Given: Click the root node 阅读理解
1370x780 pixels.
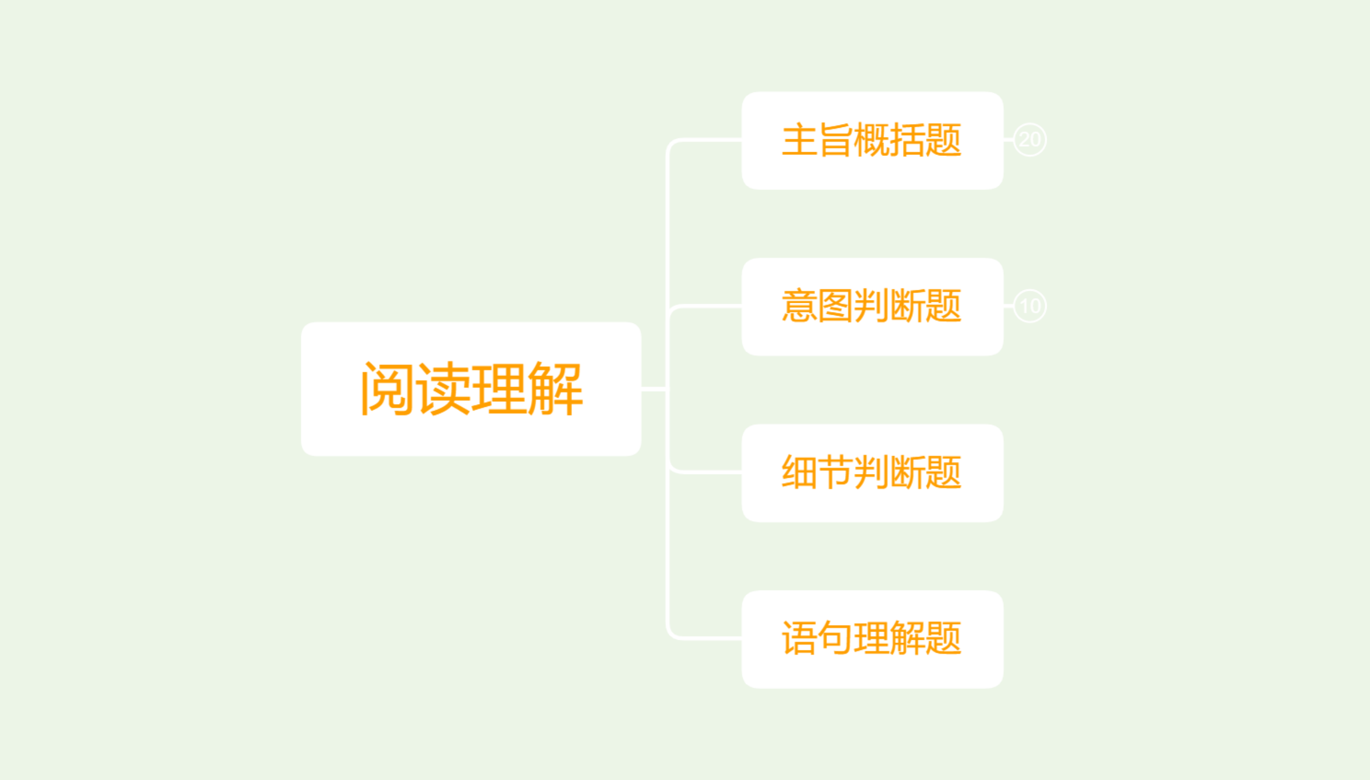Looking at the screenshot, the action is pyautogui.click(x=471, y=389).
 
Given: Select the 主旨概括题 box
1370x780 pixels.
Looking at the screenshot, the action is pyautogui.click(x=872, y=140).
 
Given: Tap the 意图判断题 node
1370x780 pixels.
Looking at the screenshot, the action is pyautogui.click(x=872, y=307).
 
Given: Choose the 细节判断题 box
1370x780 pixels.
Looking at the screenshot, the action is pyautogui.click(x=872, y=473).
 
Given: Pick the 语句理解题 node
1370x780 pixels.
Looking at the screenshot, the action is pyautogui.click(x=872, y=639).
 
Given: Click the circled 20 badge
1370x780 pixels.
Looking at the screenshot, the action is pyautogui.click(x=1029, y=140).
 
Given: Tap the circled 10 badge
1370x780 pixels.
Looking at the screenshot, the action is pyautogui.click(x=1029, y=306).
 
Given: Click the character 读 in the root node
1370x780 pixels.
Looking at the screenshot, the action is pyautogui.click(x=444, y=389).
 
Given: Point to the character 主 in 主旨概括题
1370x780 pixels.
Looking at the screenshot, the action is pyautogui.click(x=800, y=140).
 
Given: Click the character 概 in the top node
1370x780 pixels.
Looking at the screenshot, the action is pyautogui.click(x=872, y=140).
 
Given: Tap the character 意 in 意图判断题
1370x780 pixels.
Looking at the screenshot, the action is pyautogui.click(x=800, y=307).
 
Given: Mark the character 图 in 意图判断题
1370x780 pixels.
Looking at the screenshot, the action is pyautogui.click(x=836, y=307).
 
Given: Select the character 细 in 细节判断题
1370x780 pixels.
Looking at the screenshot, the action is pyautogui.click(x=800, y=473).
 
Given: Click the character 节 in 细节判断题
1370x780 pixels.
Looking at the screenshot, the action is pyautogui.click(x=836, y=473).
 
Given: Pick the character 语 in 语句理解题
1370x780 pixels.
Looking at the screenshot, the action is pyautogui.click(x=800, y=639).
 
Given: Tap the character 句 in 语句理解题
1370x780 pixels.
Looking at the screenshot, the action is pyautogui.click(x=836, y=639).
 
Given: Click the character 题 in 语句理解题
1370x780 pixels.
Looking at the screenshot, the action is pyautogui.click(x=944, y=639).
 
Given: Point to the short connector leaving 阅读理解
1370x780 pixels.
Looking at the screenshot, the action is pyautogui.click(x=654, y=389).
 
